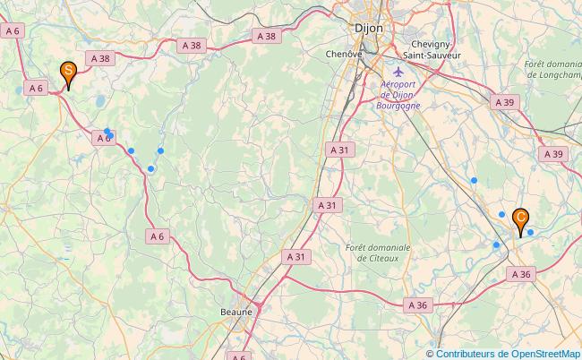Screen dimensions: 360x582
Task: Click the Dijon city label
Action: point(369,28)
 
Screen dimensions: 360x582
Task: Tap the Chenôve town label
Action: point(343,54)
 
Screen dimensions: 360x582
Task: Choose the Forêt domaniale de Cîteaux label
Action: point(378,253)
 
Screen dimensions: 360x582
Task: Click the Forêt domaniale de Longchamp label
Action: point(553,70)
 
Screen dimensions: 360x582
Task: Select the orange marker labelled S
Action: point(67,73)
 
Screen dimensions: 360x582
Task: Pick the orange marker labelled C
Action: point(520,218)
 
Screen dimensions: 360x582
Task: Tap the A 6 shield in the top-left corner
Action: point(13,30)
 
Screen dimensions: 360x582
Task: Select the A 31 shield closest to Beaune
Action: point(295,257)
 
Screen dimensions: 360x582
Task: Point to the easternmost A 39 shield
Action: point(554,154)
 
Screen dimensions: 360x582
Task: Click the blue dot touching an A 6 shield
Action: point(107,132)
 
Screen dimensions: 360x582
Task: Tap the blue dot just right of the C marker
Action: point(531,233)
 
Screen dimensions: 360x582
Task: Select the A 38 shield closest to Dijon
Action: point(266,37)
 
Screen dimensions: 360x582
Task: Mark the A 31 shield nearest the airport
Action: point(339,150)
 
